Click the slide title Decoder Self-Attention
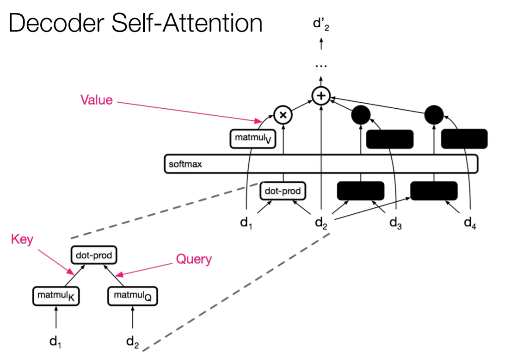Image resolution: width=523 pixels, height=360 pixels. click(x=135, y=23)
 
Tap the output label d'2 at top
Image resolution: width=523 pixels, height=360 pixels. click(x=320, y=24)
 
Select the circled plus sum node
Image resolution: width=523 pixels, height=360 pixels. click(x=320, y=96)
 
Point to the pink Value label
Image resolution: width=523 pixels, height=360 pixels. click(x=96, y=100)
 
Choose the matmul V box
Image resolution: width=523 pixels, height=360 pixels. click(x=252, y=139)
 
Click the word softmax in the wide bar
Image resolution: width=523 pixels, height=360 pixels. click(x=185, y=164)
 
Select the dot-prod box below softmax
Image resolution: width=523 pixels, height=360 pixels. click(x=283, y=191)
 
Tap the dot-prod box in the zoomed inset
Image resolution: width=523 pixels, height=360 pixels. click(x=94, y=255)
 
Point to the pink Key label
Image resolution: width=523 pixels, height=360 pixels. click(x=22, y=240)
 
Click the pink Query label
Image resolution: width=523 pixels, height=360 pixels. click(x=193, y=260)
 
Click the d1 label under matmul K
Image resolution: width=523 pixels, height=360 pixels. click(x=56, y=342)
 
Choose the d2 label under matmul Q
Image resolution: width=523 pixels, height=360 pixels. click(x=133, y=342)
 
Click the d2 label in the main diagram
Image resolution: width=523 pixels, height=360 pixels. click(x=320, y=223)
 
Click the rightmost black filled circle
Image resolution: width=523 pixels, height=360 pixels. click(x=434, y=115)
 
